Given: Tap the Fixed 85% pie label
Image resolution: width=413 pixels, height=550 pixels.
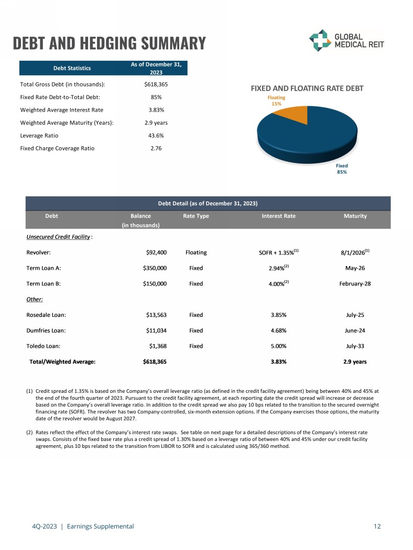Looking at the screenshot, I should pyautogui.click(x=342, y=169).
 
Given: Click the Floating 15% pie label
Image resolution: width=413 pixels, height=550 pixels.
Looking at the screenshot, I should pyautogui.click(x=276, y=101).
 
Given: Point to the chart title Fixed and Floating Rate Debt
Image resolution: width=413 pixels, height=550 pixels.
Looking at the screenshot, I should pyautogui.click(x=307, y=89).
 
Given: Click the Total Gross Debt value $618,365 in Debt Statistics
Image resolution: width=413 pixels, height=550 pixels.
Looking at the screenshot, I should pyautogui.click(x=156, y=84).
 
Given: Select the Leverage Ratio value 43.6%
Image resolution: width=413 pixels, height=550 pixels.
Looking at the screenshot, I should pyautogui.click(x=156, y=135).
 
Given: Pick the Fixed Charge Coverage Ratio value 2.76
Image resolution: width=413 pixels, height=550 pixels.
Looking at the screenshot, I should pyautogui.click(x=156, y=148).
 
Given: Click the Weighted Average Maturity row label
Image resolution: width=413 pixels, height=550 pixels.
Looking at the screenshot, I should pyautogui.click(x=67, y=123).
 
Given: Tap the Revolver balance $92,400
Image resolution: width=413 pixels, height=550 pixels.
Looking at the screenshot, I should pyautogui.click(x=156, y=252).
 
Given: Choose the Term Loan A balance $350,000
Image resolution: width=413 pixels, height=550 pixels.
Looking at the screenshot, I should pyautogui.click(x=155, y=268).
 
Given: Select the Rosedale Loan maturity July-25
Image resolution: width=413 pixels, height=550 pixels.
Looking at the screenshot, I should pyautogui.click(x=355, y=315).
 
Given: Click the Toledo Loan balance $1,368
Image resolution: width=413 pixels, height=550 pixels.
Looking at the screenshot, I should pyautogui.click(x=158, y=346).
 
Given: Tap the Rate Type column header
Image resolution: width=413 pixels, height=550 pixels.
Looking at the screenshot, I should pyautogui.click(x=196, y=216).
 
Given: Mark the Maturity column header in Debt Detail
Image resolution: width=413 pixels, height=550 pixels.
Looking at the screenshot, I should pyautogui.click(x=355, y=216).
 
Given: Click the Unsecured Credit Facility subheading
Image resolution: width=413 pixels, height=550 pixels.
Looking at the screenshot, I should pyautogui.click(x=58, y=237).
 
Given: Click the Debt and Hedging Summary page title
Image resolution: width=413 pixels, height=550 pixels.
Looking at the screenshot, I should pyautogui.click(x=109, y=42).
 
